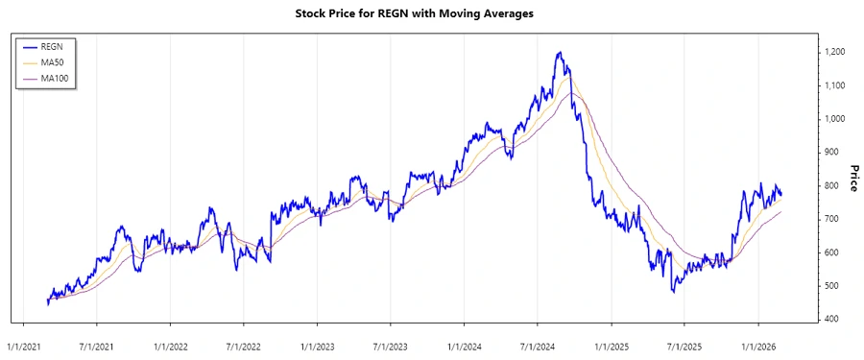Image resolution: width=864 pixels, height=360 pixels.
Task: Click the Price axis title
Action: [x=853, y=178]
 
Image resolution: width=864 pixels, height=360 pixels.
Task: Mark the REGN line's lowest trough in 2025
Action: [x=673, y=290]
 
